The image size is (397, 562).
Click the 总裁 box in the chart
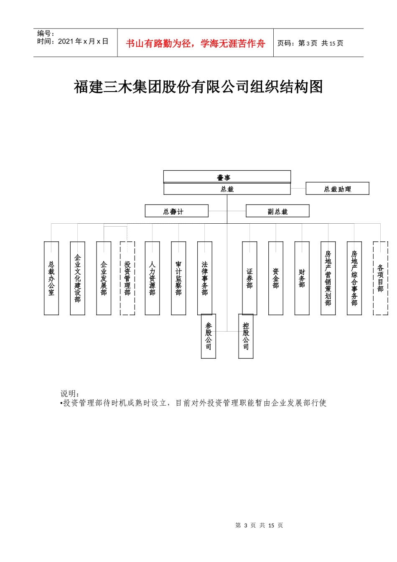[x=227, y=189]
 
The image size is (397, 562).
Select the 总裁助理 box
[x=337, y=189]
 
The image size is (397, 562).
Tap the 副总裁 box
[x=277, y=211]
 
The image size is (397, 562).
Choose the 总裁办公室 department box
[x=51, y=278]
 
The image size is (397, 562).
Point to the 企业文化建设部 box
[x=78, y=278]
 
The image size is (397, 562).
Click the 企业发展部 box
[x=104, y=278]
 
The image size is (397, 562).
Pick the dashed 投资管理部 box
[x=127, y=278]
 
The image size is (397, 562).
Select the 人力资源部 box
[x=152, y=278]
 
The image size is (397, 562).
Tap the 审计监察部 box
[x=178, y=278]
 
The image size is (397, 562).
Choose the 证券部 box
[x=249, y=278]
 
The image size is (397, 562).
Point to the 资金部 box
[x=276, y=278]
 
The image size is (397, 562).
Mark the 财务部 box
[x=302, y=278]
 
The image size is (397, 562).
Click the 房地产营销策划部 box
[x=328, y=278]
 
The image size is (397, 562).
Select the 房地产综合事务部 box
[x=354, y=278]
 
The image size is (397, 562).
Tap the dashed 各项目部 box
[x=380, y=278]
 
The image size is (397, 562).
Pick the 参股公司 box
[x=209, y=336]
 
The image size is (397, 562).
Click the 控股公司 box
[x=246, y=336]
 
